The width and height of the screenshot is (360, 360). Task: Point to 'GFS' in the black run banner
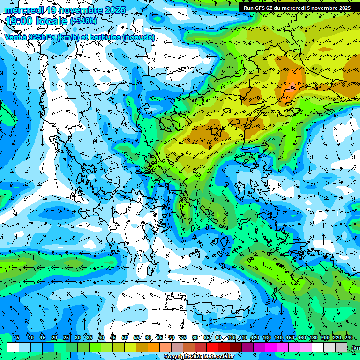pyautogui.click(x=260, y=8)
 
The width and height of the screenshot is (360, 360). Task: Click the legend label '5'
pyautogui.click(x=18, y=338)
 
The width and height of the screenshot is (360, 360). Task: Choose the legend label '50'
pyautogui.click(x=125, y=338)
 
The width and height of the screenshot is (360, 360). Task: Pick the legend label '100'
pyautogui.click(x=231, y=338)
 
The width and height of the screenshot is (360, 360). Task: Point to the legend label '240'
pyautogui.click(x=348, y=338)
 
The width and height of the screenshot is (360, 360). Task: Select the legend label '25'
pyautogui.click(x=66, y=338)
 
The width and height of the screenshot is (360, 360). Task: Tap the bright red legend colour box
pyautogui.click(x=213, y=347)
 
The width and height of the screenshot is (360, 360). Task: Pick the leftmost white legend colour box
pyautogui.click(x=13, y=347)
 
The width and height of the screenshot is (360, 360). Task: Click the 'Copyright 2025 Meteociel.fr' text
pyautogui.click(x=199, y=357)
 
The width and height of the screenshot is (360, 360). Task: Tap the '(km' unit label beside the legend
pyautogui.click(x=355, y=348)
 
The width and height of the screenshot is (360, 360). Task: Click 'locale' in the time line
pyautogui.click(x=51, y=21)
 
